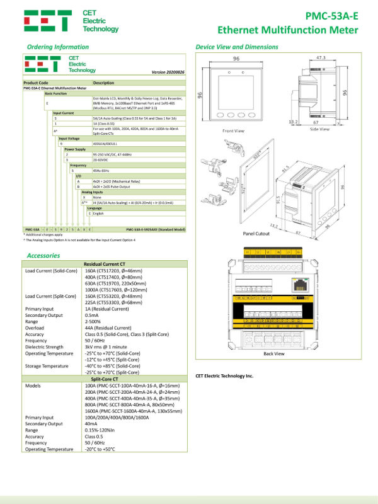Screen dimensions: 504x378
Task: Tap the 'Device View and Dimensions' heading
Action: [238, 47]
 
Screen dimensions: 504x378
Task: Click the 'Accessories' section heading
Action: [44, 255]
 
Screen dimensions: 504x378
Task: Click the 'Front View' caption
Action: [234, 131]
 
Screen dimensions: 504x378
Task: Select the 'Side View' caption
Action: [319, 129]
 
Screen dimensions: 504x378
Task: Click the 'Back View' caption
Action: [273, 353]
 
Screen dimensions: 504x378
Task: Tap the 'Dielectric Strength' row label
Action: [45, 346]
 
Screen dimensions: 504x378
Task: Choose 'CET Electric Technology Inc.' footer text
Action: [224, 375]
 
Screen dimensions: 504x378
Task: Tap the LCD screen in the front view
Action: [233, 87]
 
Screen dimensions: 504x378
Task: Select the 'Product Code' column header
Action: [36, 83]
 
